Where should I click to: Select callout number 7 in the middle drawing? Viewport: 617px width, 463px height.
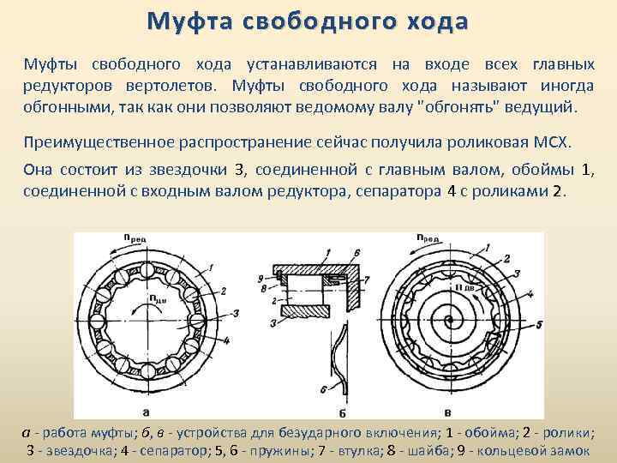(366, 280)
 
